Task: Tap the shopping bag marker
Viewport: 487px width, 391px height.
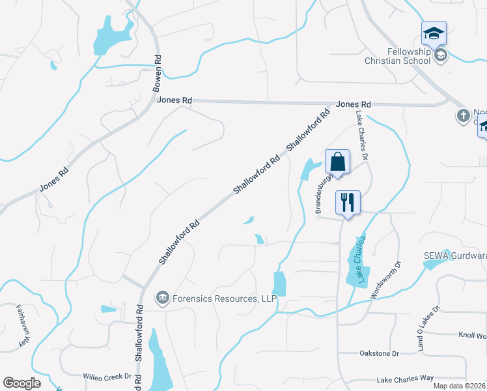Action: pyautogui.click(x=338, y=162)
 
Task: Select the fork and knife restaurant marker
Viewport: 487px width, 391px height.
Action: pyautogui.click(x=348, y=203)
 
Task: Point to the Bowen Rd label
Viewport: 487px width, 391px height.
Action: pyautogui.click(x=157, y=72)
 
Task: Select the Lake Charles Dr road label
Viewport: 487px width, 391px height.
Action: pyautogui.click(x=361, y=135)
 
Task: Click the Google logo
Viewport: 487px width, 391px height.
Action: pyautogui.click(x=21, y=383)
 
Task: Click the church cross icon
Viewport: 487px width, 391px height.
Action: pyautogui.click(x=463, y=116)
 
